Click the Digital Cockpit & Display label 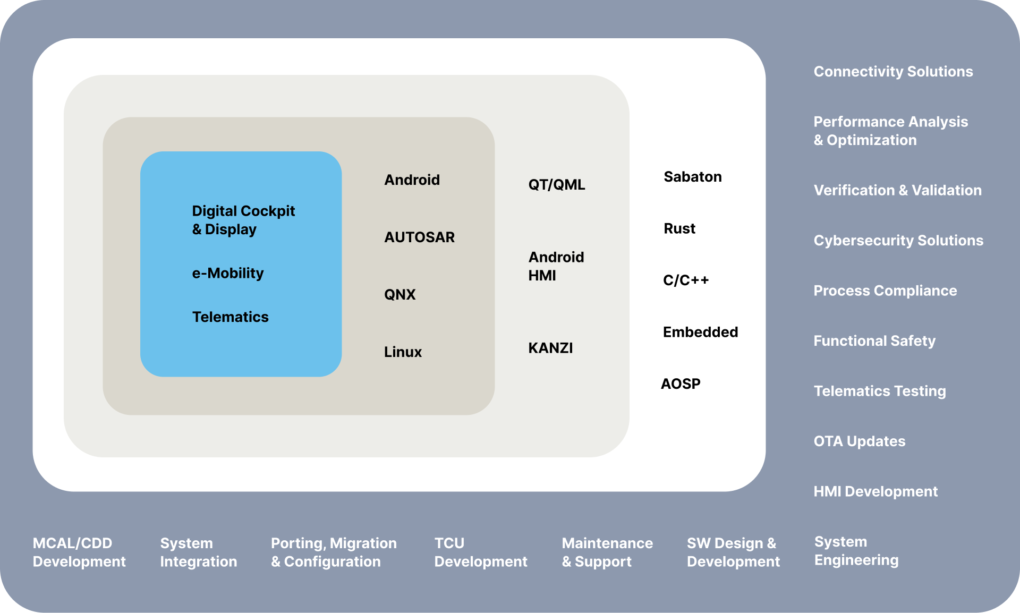(x=243, y=220)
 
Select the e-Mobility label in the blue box (x=228, y=273)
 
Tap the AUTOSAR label (x=420, y=237)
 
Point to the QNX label (x=400, y=294)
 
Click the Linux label (x=403, y=352)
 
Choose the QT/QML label (x=557, y=184)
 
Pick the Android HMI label (x=556, y=266)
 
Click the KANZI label (x=550, y=348)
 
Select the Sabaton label (x=693, y=176)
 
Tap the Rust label (x=679, y=228)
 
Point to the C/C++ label (x=686, y=280)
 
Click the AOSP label (x=681, y=384)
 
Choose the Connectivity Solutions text (x=894, y=71)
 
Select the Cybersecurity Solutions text (x=899, y=240)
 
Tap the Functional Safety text (x=874, y=340)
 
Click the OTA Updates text (x=860, y=441)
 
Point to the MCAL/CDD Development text (x=79, y=552)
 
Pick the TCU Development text (x=481, y=552)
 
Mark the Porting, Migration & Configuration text (x=334, y=552)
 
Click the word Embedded (x=701, y=332)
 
